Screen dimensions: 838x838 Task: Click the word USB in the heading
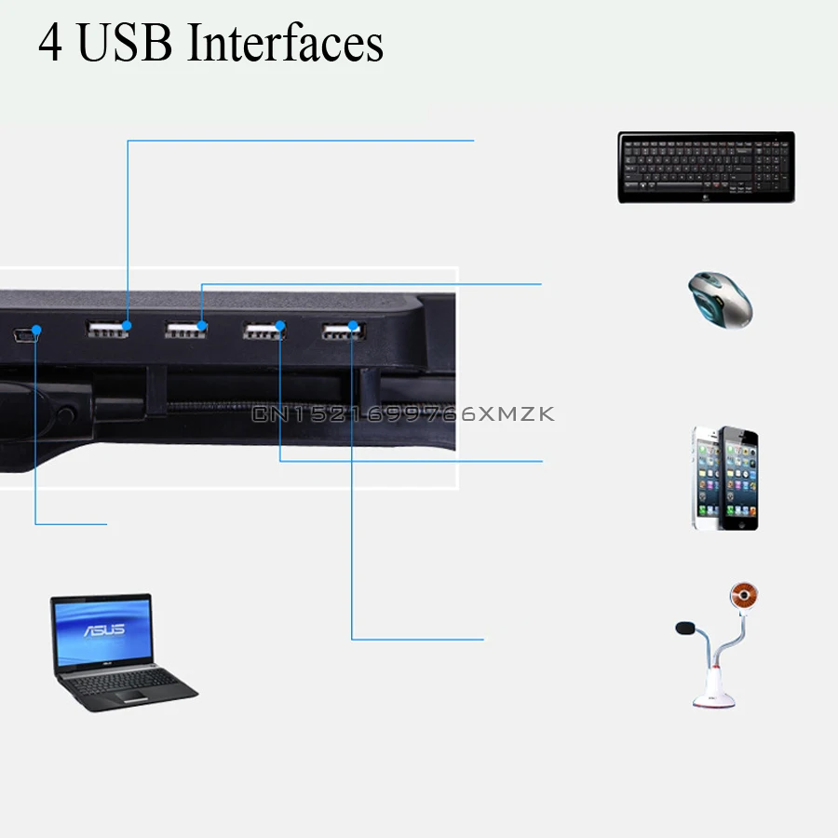coord(125,42)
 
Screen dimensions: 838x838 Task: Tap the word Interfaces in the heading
coord(286,42)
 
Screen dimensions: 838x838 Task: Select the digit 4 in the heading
coord(50,43)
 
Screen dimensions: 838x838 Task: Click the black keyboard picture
coord(706,167)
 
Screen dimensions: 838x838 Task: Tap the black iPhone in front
coord(738,479)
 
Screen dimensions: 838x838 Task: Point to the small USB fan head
coord(744,595)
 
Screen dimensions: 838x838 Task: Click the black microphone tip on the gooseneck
coord(685,628)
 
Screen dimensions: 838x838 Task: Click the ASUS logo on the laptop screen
coord(104,630)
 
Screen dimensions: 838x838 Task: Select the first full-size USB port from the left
coord(107,329)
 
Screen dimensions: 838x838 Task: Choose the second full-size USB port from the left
coord(185,330)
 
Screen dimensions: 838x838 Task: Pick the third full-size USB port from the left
coord(264,331)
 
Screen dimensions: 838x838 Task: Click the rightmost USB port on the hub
coord(343,331)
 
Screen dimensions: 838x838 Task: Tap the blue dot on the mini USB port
coord(36,331)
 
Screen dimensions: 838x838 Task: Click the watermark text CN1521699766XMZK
coord(403,413)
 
